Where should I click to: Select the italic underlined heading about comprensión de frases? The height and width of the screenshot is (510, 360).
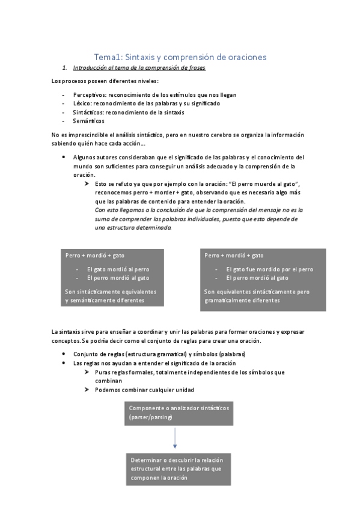pos(139,68)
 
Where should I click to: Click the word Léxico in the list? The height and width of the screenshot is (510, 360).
pos(82,103)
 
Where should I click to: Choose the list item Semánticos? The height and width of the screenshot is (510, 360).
pos(88,121)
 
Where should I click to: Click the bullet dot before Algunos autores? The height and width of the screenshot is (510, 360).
pos(64,156)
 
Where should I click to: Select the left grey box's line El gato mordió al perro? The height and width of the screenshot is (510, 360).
pos(118,269)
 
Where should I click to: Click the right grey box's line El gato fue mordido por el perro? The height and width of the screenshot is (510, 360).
pos(269,269)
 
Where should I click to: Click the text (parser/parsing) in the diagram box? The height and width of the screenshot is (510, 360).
pos(151,417)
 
